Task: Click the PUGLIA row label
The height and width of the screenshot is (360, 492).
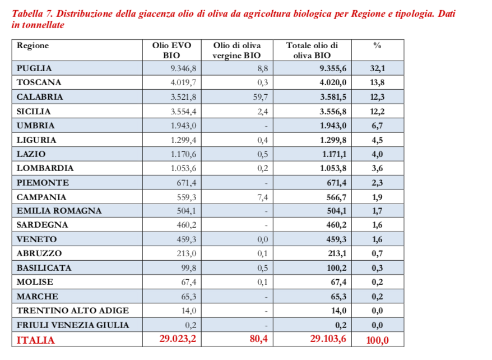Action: (x=34, y=68)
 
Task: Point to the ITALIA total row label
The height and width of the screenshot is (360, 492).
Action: (x=36, y=340)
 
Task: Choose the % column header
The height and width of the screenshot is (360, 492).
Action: (x=377, y=45)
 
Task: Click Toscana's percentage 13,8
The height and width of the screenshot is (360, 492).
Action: (x=377, y=82)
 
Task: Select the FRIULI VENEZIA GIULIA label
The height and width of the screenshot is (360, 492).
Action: (x=73, y=325)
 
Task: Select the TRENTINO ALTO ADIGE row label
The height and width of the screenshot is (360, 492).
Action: (x=73, y=311)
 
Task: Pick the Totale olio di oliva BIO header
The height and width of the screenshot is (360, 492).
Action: (x=312, y=50)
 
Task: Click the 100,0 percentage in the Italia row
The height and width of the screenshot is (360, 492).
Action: (x=377, y=340)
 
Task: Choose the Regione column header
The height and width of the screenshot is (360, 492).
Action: (x=33, y=45)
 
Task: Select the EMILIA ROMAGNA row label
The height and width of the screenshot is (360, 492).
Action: (x=59, y=211)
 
